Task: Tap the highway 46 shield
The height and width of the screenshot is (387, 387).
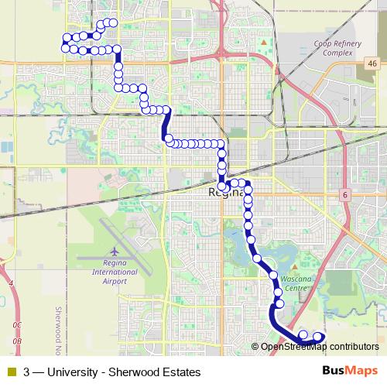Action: point(372,63)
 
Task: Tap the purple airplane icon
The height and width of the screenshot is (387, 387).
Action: point(114,252)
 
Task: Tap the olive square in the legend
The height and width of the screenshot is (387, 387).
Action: point(10,372)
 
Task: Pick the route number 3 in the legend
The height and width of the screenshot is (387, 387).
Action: point(28,372)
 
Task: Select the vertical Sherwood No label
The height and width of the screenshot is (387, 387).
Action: point(57,325)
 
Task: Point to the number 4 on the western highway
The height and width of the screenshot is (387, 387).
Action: point(11,284)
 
